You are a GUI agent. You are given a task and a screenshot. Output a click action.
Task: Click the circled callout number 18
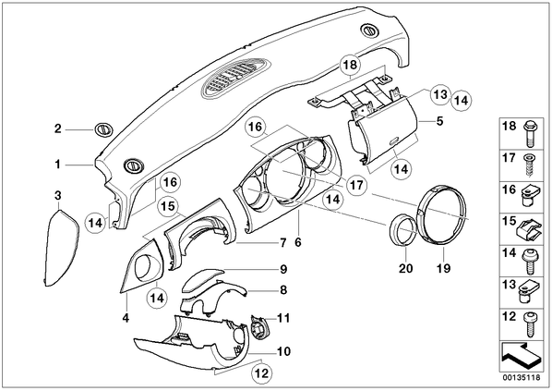350,65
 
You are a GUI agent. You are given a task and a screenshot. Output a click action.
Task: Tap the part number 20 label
405,268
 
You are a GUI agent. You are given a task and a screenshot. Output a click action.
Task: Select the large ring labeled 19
442,215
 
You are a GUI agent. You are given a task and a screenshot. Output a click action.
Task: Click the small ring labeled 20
403,230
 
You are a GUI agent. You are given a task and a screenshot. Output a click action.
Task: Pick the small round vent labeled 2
103,129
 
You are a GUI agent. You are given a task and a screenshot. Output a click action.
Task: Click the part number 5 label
439,121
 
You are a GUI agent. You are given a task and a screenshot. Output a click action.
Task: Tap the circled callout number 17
356,185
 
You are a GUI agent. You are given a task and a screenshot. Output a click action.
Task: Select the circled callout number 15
169,205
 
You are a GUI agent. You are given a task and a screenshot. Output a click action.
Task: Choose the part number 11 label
283,318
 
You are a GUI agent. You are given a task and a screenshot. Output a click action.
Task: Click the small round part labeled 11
260,327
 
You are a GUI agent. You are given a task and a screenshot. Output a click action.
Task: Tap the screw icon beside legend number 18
530,133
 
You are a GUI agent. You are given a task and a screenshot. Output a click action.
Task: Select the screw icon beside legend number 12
530,324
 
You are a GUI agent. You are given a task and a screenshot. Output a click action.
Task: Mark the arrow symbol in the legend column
521,357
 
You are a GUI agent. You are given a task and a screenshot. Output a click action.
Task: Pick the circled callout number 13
440,94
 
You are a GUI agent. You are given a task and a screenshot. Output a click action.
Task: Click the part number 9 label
283,269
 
